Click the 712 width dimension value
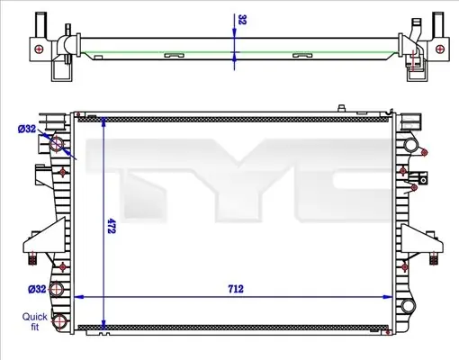pos(236,289)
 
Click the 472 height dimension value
pos(112,226)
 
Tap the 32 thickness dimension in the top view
pos(242,20)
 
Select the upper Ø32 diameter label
pos(27,129)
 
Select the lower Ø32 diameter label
pos(37,289)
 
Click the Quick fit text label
pos(35,321)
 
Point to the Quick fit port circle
pos(59,321)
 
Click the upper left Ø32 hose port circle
pos(57,144)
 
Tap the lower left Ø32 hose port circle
pos(56,289)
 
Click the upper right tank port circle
pos(409,145)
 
